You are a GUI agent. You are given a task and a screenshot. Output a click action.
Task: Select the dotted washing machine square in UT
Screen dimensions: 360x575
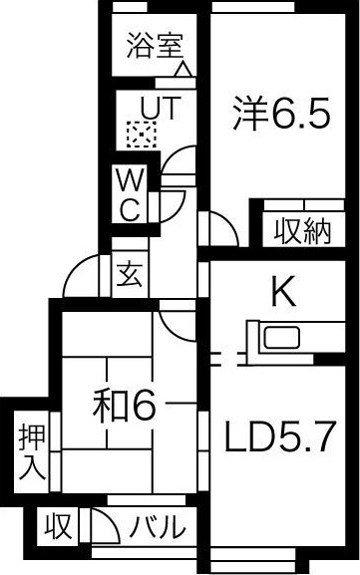140,131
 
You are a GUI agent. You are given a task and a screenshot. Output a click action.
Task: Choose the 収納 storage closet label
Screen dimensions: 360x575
302,230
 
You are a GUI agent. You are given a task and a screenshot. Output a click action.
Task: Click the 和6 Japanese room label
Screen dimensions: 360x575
125,405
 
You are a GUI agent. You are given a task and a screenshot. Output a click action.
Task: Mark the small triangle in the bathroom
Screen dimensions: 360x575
182,71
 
